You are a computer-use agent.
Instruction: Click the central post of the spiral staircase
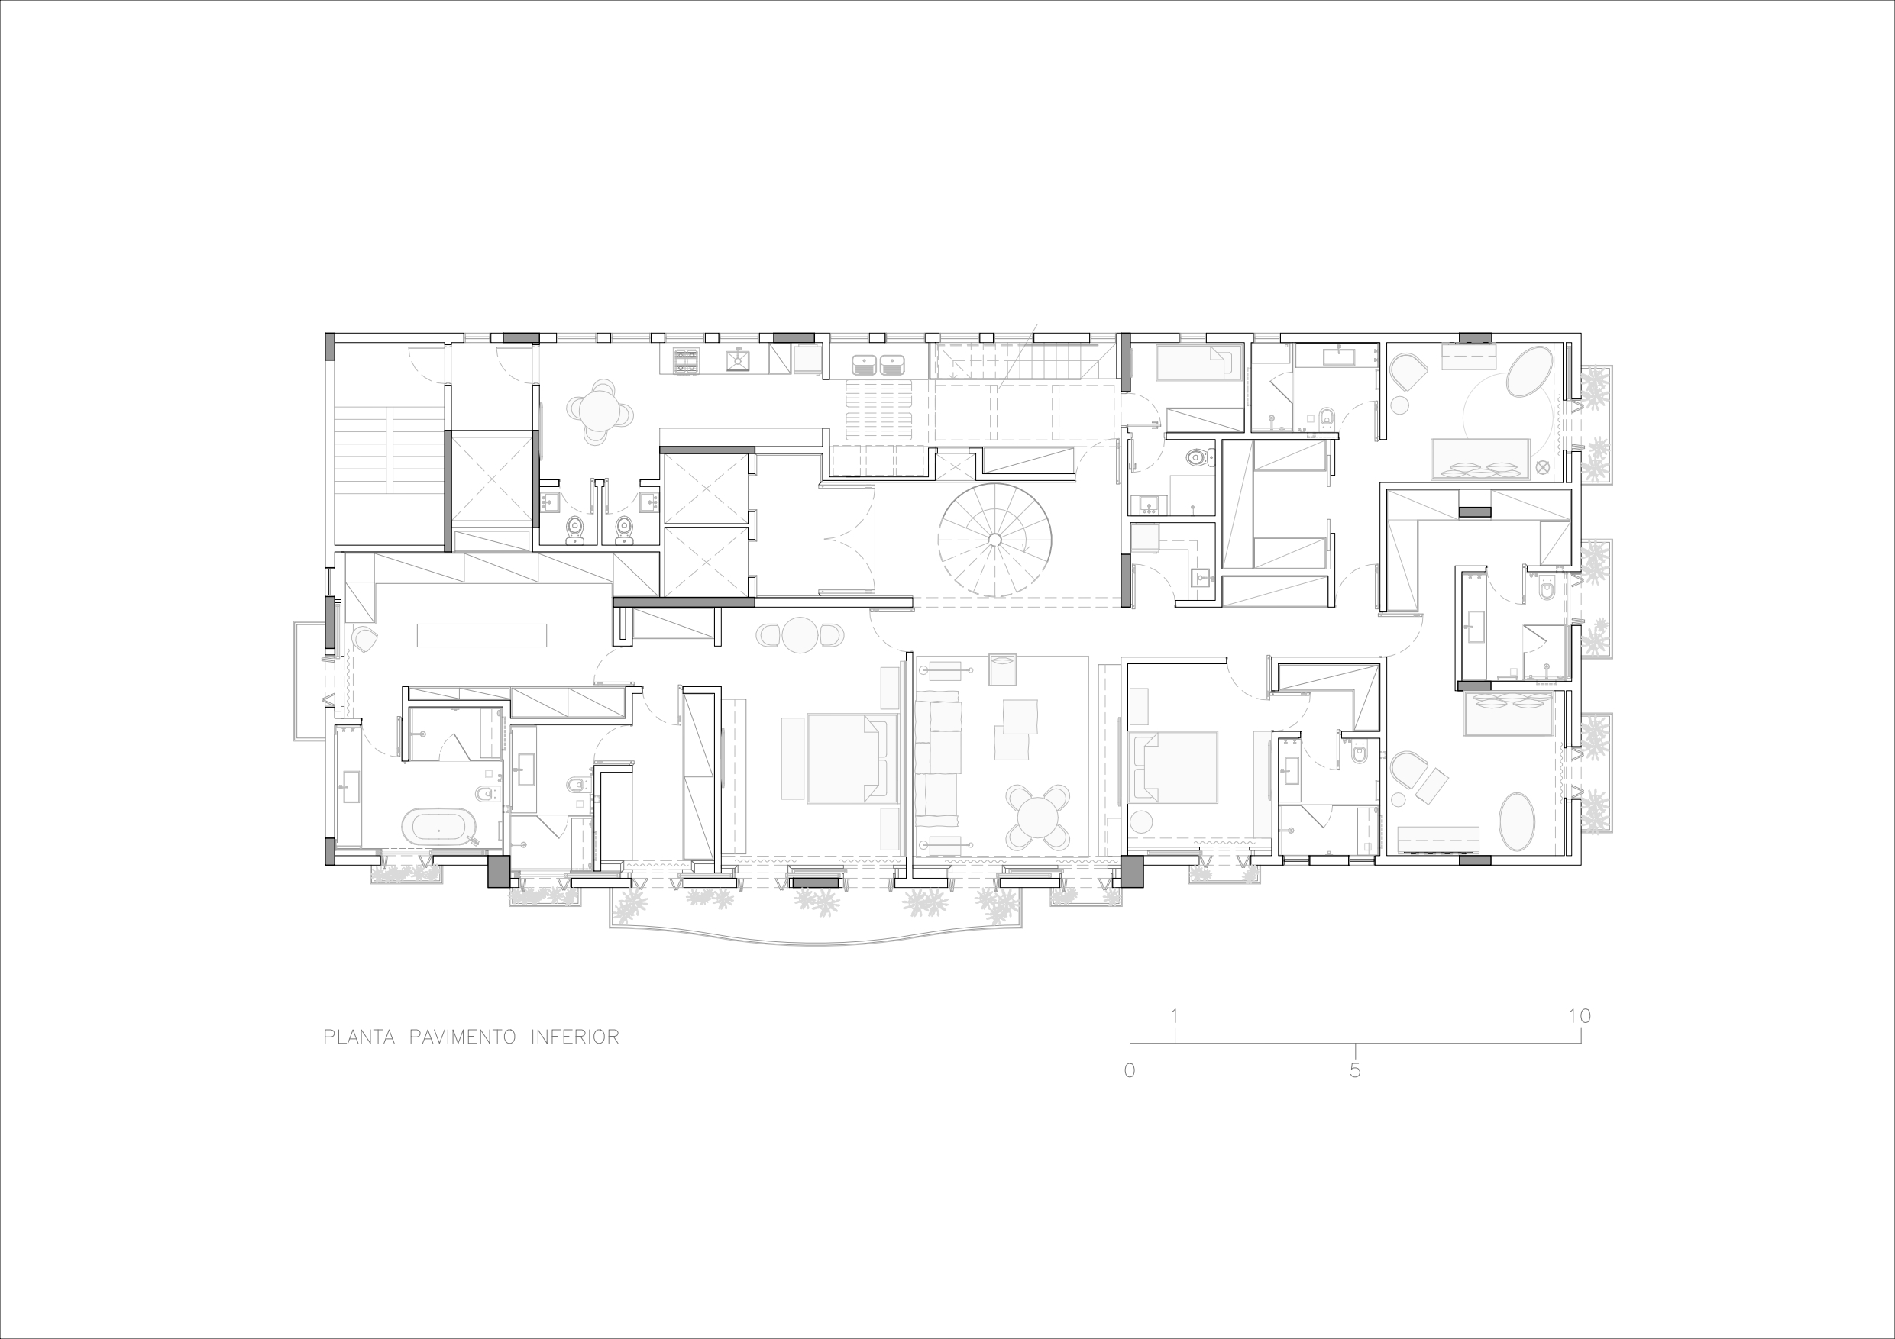[994, 540]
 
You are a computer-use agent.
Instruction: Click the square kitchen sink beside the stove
[737, 360]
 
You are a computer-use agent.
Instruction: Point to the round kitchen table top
[599, 411]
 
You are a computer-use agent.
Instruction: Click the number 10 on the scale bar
[1579, 1015]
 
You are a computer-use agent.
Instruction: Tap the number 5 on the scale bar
[1354, 1071]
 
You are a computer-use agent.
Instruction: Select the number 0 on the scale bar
[1130, 1071]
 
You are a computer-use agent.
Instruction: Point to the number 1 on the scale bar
[1175, 1015]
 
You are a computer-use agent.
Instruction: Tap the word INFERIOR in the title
[575, 1037]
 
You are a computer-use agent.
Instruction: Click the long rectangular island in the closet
[482, 635]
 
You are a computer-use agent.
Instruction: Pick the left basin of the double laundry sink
[863, 364]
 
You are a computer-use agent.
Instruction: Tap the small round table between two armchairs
[800, 635]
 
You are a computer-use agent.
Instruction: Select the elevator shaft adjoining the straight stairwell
[491, 479]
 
